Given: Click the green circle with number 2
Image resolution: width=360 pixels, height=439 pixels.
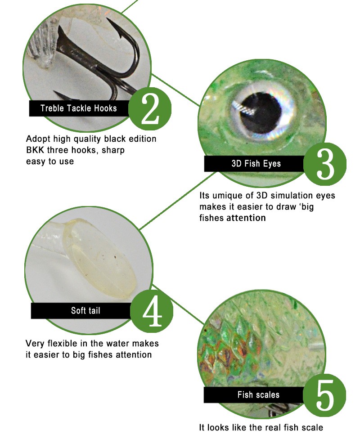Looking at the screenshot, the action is point(150,109).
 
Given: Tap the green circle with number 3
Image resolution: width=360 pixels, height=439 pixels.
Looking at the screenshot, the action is point(325,164).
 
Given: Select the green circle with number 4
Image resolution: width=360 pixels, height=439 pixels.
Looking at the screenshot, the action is point(152,311).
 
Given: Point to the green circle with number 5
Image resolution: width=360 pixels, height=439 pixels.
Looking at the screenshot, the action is point(324,395).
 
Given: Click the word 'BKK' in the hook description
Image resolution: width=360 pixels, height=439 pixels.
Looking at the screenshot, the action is point(35,150).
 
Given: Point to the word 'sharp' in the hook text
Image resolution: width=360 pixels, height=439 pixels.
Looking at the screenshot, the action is point(113,150).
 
